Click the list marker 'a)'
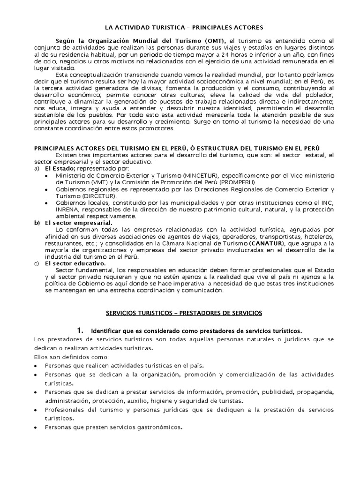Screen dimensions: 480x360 point(37,168)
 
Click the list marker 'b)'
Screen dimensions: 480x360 point(37,223)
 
